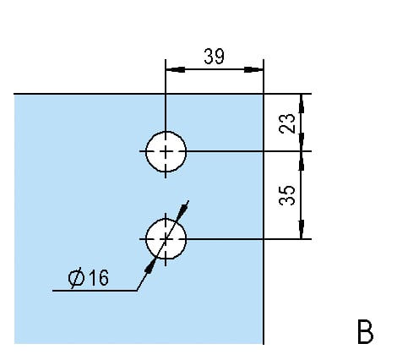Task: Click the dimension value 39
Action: coord(214,57)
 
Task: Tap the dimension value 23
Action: coord(287,123)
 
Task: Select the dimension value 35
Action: coord(287,195)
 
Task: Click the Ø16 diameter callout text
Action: coord(88,278)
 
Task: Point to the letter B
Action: coord(366,331)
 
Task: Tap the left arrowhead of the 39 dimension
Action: coord(176,69)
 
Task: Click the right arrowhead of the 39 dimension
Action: coord(253,69)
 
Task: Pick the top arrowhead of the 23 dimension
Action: coord(302,104)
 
